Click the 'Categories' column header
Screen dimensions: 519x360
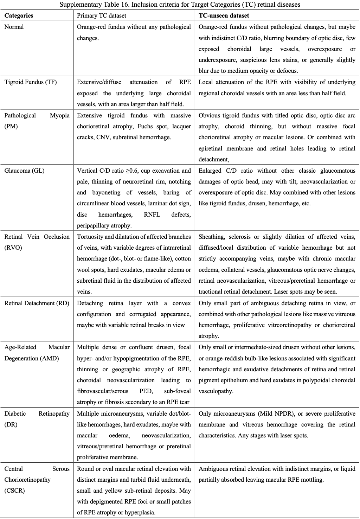click(x=19, y=15)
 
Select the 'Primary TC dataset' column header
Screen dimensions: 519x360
click(x=102, y=15)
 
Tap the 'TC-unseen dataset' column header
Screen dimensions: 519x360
click(x=224, y=15)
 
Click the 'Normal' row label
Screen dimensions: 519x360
click(x=14, y=27)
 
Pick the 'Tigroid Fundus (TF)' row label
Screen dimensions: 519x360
click(x=30, y=82)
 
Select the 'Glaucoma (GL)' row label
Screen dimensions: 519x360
click(x=24, y=171)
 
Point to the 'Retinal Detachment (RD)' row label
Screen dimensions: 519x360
click(x=37, y=303)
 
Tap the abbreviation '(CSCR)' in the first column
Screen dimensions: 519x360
click(x=14, y=491)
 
